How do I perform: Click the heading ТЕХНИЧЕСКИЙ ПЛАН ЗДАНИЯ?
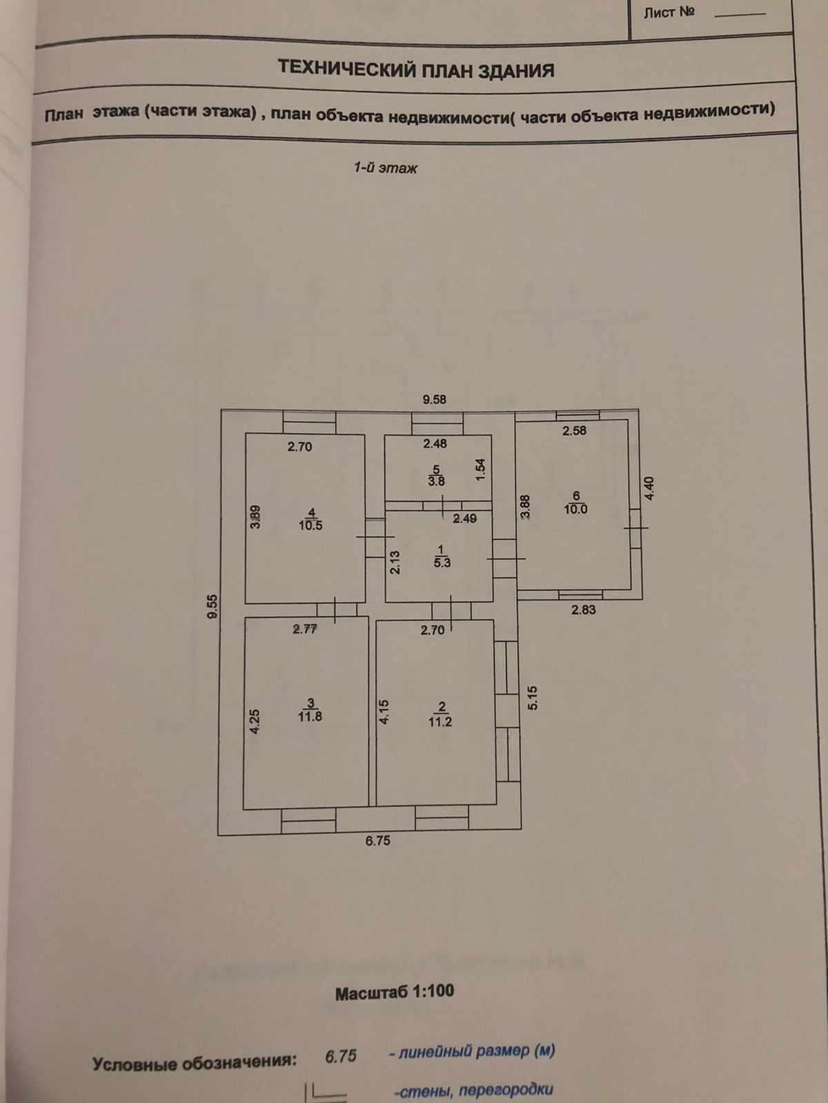[x=415, y=70]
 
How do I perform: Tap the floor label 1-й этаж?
[x=385, y=168]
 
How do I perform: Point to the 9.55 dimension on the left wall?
[x=213, y=606]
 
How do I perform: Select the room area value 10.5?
[x=310, y=525]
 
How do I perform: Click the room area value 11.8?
[x=310, y=716]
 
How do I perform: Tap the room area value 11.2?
[x=440, y=722]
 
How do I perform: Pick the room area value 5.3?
[x=441, y=563]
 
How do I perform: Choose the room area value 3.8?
[x=436, y=482]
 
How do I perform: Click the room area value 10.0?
[x=575, y=509]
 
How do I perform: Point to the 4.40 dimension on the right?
[x=647, y=489]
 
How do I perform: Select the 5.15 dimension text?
[x=531, y=698]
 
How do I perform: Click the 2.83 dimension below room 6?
[x=583, y=609]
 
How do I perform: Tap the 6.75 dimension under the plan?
[x=378, y=840]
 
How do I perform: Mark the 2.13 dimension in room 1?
[x=395, y=562]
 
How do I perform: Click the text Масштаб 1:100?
[x=395, y=992]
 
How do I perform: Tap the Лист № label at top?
[x=669, y=12]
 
